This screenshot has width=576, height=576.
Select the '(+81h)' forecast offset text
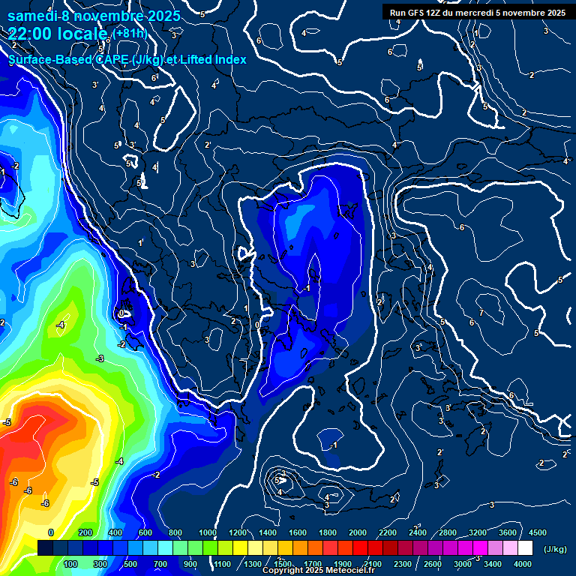130,33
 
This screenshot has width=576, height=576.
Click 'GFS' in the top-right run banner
414,12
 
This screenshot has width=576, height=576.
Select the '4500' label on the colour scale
538,532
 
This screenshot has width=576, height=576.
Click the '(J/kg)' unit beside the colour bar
555,549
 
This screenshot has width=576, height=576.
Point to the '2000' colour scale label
358,532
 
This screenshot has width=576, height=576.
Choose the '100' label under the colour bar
70,564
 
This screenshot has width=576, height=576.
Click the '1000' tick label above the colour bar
208,532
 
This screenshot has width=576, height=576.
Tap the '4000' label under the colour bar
523,564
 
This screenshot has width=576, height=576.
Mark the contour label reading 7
480,312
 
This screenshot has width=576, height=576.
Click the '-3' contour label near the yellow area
100,359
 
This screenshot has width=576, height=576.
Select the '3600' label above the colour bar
508,532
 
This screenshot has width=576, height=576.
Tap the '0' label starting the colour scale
51,532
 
